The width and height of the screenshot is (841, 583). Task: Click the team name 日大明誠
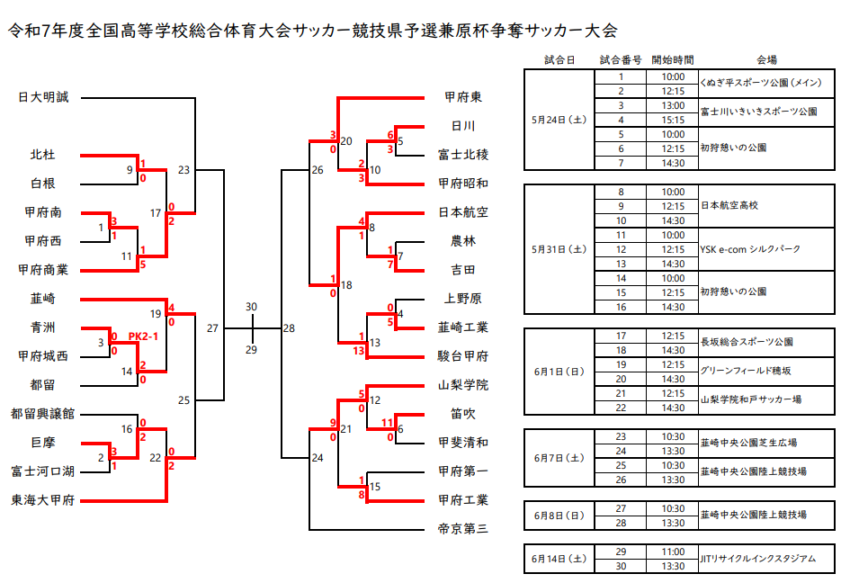[x=43, y=97]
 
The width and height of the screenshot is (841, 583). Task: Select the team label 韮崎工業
[x=462, y=327]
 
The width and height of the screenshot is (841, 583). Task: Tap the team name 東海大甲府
[x=43, y=500]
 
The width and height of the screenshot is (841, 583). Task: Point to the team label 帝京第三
[x=462, y=529]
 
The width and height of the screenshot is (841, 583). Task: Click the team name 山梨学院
[x=462, y=385]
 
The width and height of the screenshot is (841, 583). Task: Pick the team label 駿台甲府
[x=462, y=356]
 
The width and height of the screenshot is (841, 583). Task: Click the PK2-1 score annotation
[x=144, y=336]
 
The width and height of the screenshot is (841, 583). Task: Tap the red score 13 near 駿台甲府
[x=359, y=350]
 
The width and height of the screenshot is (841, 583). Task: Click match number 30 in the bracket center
[x=251, y=307]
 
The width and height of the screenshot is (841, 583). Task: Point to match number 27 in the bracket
[x=212, y=328]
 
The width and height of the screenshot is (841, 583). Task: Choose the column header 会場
[x=766, y=60]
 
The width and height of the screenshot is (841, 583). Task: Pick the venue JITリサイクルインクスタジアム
[x=757, y=559]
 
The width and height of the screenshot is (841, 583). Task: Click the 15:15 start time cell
[x=673, y=120]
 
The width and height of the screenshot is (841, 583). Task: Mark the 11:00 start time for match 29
[x=673, y=552]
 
